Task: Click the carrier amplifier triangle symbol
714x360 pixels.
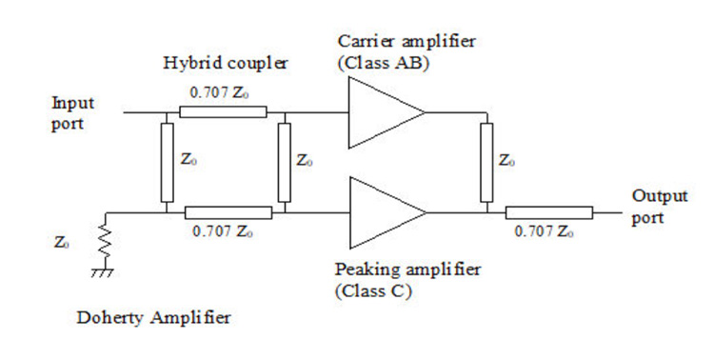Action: click(386, 112)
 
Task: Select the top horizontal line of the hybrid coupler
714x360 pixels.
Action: click(223, 112)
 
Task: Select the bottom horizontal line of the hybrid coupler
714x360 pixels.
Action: click(228, 212)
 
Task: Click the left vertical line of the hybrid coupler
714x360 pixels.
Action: click(168, 162)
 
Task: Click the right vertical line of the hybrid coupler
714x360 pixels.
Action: click(285, 162)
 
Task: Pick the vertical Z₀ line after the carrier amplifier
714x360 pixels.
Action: click(486, 162)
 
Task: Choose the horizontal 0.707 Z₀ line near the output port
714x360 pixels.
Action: click(549, 212)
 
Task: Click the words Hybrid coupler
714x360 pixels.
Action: click(226, 64)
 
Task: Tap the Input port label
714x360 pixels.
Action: click(73, 113)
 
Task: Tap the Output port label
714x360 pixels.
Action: click(660, 207)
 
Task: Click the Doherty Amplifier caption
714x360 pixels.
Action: click(153, 318)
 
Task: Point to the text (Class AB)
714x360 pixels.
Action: click(384, 64)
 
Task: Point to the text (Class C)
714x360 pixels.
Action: click(373, 290)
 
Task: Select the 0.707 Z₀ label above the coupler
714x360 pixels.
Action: click(220, 93)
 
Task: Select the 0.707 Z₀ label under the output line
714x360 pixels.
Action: click(544, 231)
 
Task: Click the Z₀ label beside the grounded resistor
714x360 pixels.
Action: click(62, 243)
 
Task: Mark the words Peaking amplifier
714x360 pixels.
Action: click(407, 270)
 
